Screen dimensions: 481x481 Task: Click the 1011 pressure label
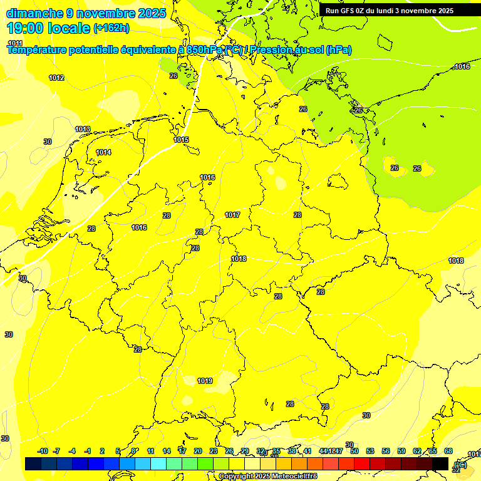pos(15,43)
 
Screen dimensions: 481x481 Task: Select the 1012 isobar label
pos(56,78)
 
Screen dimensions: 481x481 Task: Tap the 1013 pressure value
pos(83,129)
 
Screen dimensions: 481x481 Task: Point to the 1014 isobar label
pos(103,152)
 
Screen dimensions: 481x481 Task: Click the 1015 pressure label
pos(182,140)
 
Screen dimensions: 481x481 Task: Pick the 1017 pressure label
pos(232,215)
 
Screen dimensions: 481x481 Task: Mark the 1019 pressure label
pos(205,381)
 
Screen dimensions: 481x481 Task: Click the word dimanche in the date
pos(34,13)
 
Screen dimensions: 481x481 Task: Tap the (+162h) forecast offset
pos(111,28)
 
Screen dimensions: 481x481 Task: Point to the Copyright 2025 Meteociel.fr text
pos(268,477)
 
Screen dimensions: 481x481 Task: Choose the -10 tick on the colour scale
pos(43,451)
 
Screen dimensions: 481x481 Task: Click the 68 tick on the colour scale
pos(448,451)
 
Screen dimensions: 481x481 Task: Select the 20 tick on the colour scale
pos(197,451)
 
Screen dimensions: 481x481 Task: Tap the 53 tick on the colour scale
pos(370,451)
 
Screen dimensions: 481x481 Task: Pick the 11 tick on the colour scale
pos(150,451)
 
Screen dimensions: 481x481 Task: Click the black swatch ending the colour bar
pos(440,463)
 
